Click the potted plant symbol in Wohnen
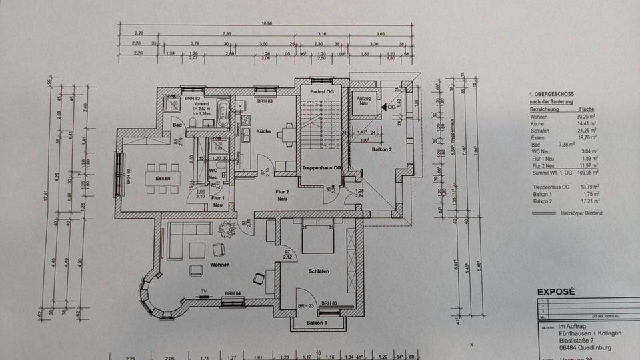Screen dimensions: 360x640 pos(227,229)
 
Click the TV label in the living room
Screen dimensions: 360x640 pos(203,291)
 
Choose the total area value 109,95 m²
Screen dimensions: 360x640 pos(587,173)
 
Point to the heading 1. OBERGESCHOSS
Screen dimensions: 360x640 pos(551,95)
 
